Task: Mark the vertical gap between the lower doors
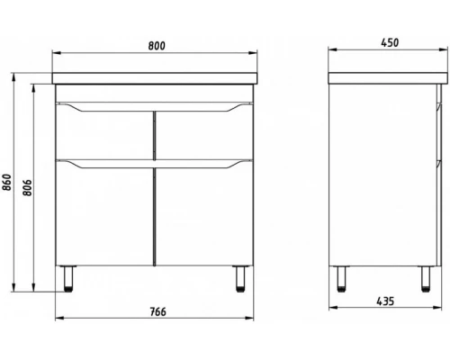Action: [x=153, y=216]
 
